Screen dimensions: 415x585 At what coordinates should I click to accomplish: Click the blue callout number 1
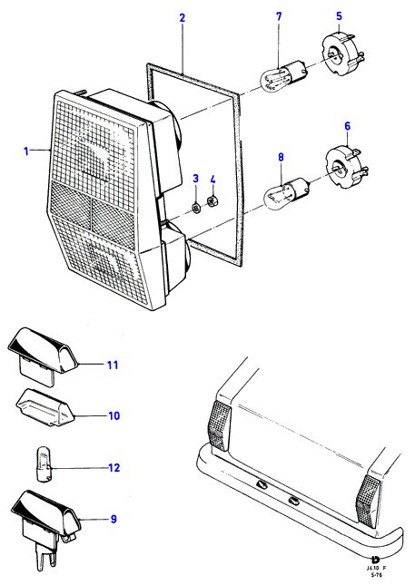tap(26, 151)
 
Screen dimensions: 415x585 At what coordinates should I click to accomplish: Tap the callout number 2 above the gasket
tap(183, 17)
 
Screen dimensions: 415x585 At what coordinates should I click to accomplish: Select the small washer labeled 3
tap(195, 208)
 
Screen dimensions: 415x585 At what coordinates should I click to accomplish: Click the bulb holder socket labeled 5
tap(341, 54)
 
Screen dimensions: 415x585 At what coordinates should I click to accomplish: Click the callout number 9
tap(114, 519)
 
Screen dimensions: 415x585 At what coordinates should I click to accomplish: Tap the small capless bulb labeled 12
tap(43, 466)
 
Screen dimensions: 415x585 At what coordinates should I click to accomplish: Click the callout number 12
tap(114, 467)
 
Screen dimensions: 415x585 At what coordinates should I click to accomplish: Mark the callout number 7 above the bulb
tap(279, 16)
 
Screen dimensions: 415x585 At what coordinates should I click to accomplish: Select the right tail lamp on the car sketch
tap(368, 501)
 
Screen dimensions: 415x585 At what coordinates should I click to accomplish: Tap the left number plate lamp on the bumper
tap(261, 484)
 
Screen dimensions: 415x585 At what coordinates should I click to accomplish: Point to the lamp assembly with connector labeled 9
tap(46, 526)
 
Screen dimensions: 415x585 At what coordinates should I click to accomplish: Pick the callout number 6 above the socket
tap(348, 126)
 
